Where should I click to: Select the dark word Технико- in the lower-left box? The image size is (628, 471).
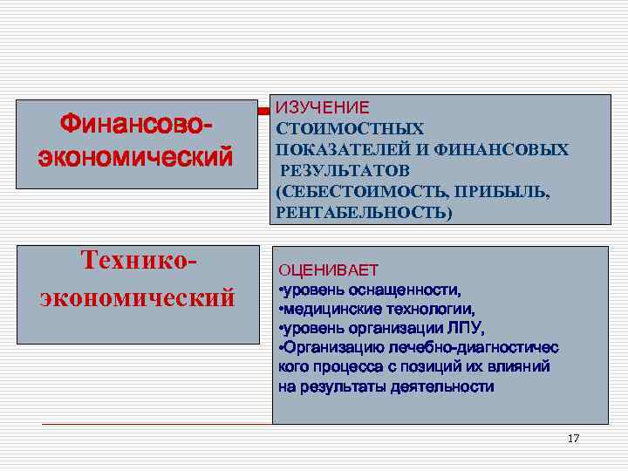click(x=138, y=261)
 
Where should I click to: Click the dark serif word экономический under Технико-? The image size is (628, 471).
click(x=137, y=297)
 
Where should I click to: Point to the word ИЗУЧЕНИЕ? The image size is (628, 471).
click(x=323, y=108)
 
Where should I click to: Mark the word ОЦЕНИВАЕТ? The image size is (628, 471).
click(x=328, y=270)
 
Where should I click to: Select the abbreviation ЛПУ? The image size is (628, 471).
click(x=466, y=328)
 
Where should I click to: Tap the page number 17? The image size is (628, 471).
click(x=573, y=438)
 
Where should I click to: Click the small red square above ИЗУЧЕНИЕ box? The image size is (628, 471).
click(x=261, y=112)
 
